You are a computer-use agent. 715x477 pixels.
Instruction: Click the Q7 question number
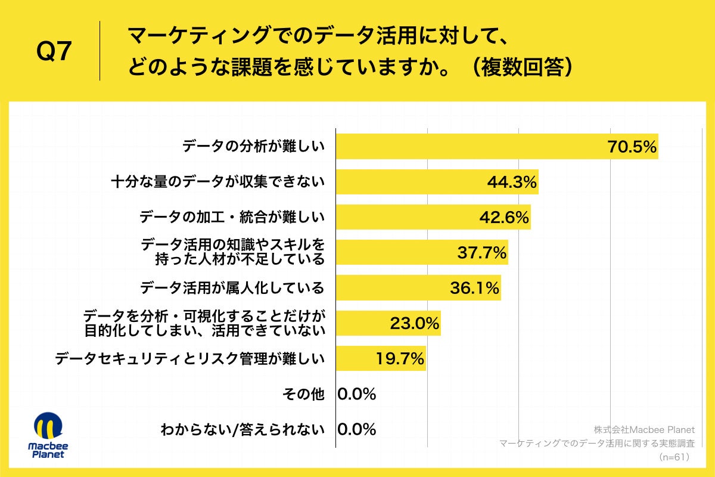click(x=54, y=52)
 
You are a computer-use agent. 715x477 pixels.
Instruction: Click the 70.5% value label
click(x=632, y=147)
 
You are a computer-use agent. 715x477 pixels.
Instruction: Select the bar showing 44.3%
click(x=437, y=182)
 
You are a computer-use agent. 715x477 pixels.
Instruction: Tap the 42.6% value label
click(x=504, y=217)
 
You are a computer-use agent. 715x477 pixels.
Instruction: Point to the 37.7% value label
click(x=481, y=253)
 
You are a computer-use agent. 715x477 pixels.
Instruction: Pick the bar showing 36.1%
click(x=418, y=288)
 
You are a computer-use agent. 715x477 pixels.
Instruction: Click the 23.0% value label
click(x=415, y=324)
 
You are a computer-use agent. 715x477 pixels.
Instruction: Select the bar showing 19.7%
click(x=381, y=359)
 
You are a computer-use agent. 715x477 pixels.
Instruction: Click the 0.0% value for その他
click(x=356, y=394)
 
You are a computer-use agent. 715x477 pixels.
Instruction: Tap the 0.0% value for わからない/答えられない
click(x=356, y=429)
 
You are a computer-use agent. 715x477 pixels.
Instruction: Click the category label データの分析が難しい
click(x=253, y=147)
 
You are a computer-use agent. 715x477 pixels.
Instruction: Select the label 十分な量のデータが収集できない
click(x=218, y=182)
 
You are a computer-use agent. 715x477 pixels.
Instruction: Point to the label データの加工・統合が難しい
click(x=232, y=217)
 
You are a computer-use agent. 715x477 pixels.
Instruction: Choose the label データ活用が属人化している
click(x=232, y=288)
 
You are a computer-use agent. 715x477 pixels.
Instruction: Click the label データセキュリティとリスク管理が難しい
click(x=189, y=359)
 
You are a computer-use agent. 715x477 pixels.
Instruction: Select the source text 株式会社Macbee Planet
click(x=643, y=430)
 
